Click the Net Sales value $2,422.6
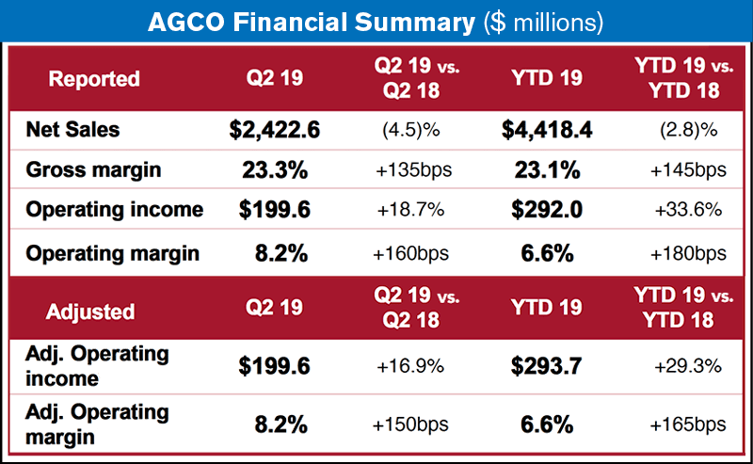point(275,129)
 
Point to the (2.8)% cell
point(681,130)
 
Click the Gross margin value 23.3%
point(275,170)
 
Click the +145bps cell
point(681,171)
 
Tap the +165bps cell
point(681,424)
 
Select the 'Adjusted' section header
point(91,311)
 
